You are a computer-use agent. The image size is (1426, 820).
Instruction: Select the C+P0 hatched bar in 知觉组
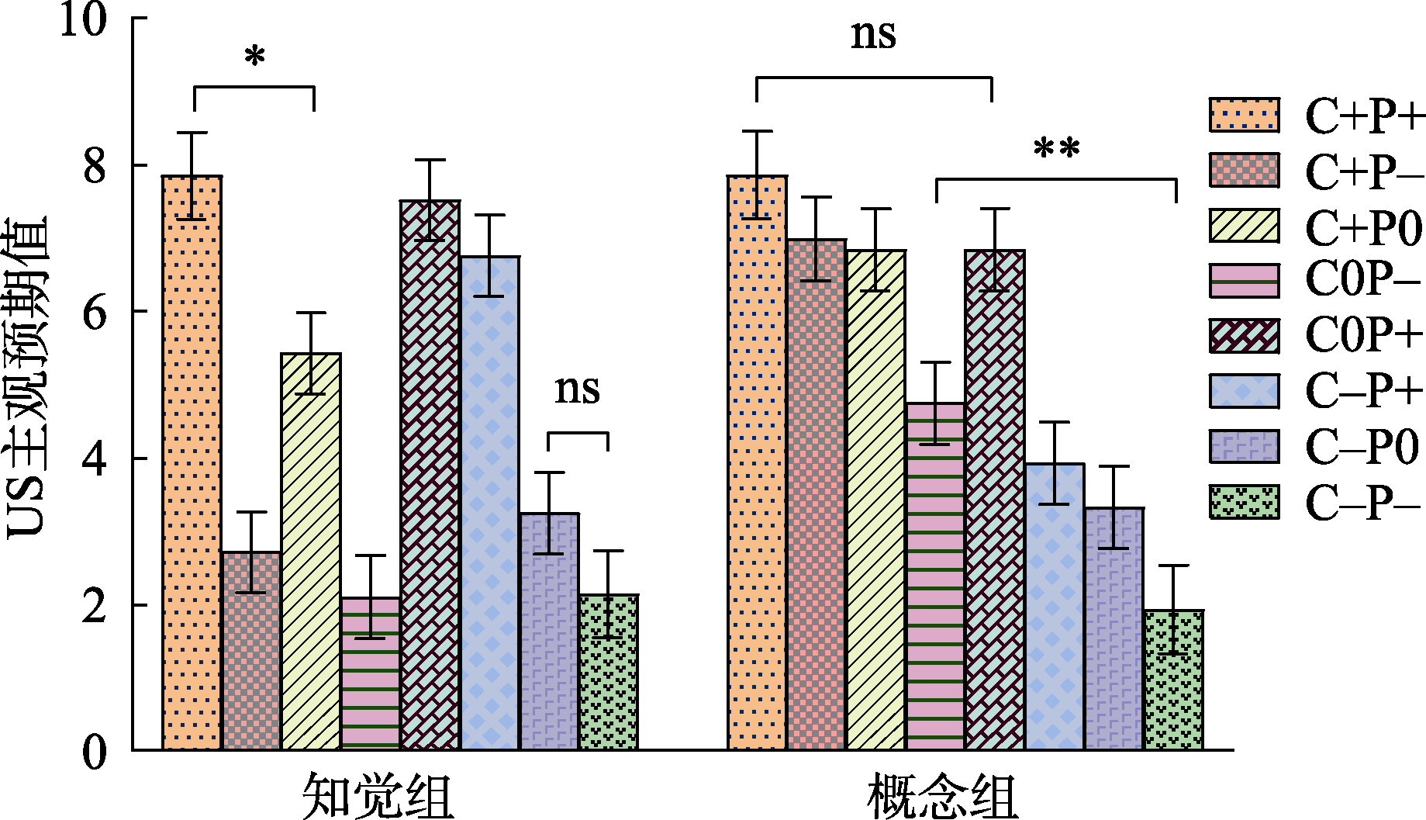click(311, 552)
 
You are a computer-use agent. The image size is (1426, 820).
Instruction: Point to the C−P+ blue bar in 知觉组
click(489, 503)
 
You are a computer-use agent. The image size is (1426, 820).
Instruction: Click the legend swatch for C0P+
click(1244, 335)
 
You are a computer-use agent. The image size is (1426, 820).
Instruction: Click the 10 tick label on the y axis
click(82, 19)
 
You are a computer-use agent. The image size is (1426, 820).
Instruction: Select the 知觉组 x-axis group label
click(378, 795)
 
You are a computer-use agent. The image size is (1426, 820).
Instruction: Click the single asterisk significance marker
click(254, 58)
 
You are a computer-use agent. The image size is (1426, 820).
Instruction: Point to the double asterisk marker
click(1056, 149)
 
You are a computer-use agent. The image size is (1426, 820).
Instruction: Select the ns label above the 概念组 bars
click(873, 35)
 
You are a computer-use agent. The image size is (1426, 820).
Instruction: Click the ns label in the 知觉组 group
click(577, 389)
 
